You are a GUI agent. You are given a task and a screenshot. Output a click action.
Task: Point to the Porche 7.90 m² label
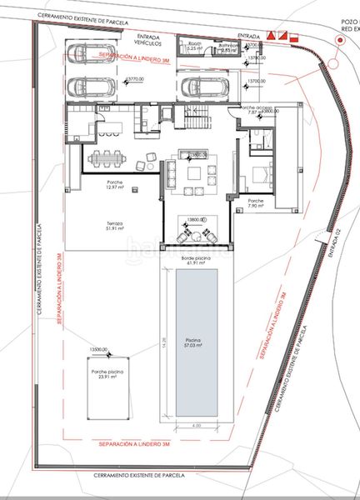coord(255,203)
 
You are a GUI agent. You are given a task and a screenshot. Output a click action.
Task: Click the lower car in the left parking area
coord(87,87)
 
